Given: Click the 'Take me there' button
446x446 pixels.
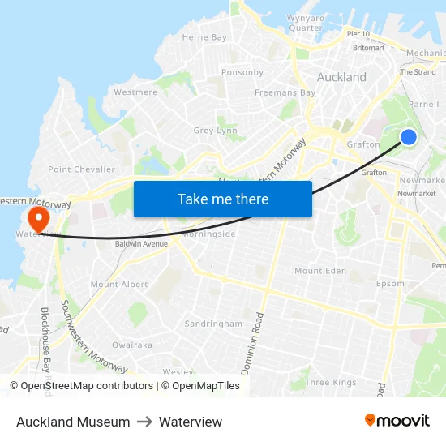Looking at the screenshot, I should pyautogui.click(x=222, y=199).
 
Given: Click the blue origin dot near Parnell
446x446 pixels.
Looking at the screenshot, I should pyautogui.click(x=409, y=137).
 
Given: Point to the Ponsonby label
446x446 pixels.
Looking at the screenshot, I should pyautogui.click(x=242, y=72).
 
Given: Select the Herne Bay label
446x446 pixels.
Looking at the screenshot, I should pyautogui.click(x=204, y=37).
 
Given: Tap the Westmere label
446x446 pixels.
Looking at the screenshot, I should pyautogui.click(x=135, y=92).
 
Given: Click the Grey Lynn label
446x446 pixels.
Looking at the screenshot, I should pyautogui.click(x=215, y=131).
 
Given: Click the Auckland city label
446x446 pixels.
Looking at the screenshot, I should pyautogui.click(x=341, y=78).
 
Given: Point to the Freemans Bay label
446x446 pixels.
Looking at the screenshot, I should pyautogui.click(x=285, y=92).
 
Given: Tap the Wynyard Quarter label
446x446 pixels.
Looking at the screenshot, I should pyautogui.click(x=306, y=23).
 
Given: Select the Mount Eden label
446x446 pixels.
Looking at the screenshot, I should pyautogui.click(x=319, y=271).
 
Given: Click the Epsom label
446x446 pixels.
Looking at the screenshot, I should pyautogui.click(x=390, y=284).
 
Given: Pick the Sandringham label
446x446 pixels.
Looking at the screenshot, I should pyautogui.click(x=213, y=324).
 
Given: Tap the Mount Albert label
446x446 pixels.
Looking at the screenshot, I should pyautogui.click(x=119, y=285).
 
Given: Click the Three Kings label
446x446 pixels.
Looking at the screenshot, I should pyautogui.click(x=330, y=382).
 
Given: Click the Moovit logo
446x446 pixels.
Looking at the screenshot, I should pyautogui.click(x=397, y=421).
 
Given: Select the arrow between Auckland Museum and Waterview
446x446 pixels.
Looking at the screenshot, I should pyautogui.click(x=144, y=422).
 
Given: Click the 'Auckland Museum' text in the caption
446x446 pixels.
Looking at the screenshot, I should pyautogui.click(x=73, y=422).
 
